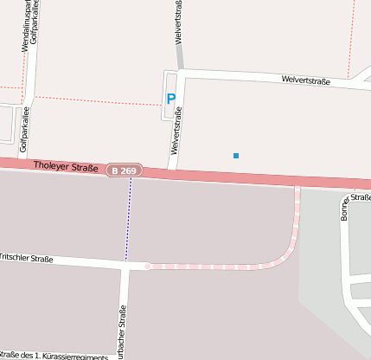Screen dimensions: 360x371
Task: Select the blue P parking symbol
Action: [170, 100]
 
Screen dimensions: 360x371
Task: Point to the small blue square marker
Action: [235, 156]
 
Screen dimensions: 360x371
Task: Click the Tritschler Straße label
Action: [26, 258]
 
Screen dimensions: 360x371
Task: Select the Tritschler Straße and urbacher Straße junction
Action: [126, 266]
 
